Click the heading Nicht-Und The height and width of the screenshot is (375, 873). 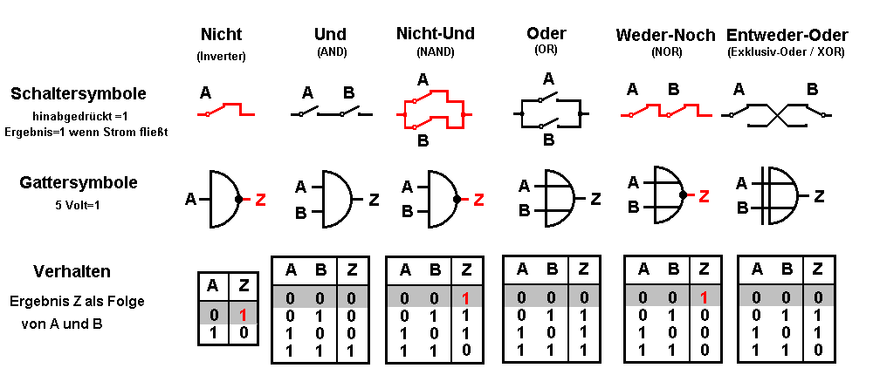pos(436,34)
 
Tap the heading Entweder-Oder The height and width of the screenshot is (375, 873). pos(787,36)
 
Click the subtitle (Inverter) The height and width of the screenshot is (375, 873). pos(221,56)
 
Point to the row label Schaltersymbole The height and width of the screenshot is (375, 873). pos(79,93)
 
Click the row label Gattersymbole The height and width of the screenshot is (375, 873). pos(79,183)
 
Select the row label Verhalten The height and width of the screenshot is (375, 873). pos(72,270)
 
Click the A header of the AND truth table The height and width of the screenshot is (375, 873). pos(291,269)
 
